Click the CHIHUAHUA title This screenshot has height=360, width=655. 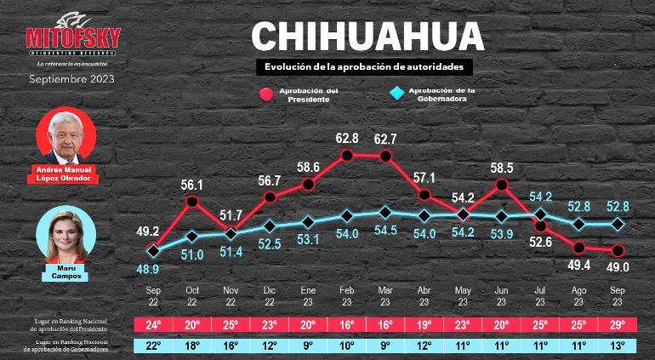367,37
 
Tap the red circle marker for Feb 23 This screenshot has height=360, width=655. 347,155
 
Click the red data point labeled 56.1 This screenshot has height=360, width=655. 192,202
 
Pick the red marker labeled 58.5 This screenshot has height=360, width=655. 502,184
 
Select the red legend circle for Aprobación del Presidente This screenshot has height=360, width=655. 267,94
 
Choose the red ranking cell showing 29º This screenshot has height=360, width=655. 618,324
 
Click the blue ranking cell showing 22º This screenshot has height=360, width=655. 154,346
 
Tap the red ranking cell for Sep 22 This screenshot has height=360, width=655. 154,324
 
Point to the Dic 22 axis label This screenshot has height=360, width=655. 270,295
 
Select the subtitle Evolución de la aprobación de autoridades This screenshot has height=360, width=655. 364,66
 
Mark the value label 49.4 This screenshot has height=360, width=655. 579,266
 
